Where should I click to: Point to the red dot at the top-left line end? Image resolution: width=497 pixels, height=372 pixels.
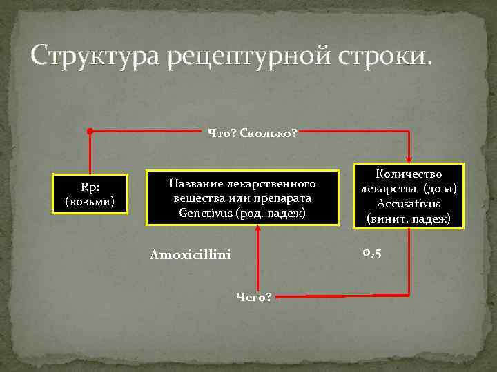tap(90, 131)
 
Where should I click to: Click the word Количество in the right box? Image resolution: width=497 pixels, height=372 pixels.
tap(409, 175)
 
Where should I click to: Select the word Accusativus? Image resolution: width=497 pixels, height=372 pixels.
tap(409, 204)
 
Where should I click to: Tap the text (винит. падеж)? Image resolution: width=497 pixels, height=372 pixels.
tap(409, 218)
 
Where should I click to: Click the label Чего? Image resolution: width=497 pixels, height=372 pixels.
tap(254, 297)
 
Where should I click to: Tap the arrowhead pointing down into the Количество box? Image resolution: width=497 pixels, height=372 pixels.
tap(409, 158)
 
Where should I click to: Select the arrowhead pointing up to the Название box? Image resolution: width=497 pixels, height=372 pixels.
tap(257, 231)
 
